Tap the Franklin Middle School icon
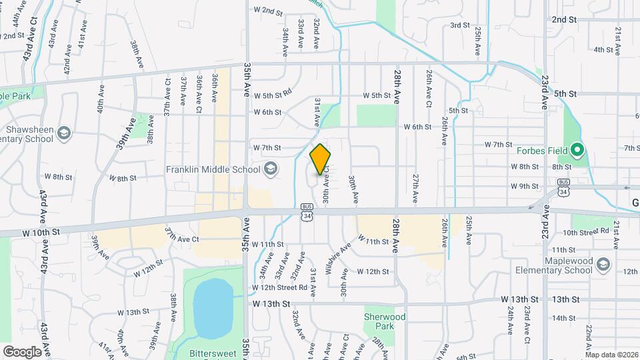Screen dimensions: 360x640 tap(270, 169)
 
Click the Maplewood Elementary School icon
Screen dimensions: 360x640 tap(603, 264)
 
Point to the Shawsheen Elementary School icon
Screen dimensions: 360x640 tap(64, 133)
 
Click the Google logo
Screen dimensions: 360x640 tap(22, 351)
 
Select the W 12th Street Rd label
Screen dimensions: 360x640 tap(279, 287)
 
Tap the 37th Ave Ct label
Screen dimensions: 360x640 tap(182, 239)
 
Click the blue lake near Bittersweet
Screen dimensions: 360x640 tap(213, 307)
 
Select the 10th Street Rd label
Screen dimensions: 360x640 tap(586, 232)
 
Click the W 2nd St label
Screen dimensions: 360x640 tap(269, 11)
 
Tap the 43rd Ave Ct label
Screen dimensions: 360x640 tap(28, 45)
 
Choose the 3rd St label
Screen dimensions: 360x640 tap(460, 25)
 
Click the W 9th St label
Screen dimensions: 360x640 tap(525, 186)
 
